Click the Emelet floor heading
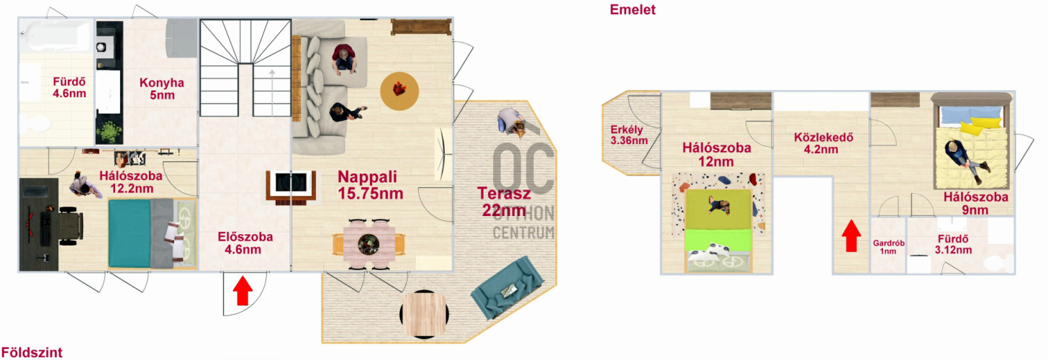pyautogui.click(x=632, y=10)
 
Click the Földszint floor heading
pyautogui.click(x=32, y=352)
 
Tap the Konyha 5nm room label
pyautogui.click(x=162, y=89)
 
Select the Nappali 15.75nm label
pyautogui.click(x=370, y=185)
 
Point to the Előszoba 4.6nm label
pyautogui.click(x=245, y=243)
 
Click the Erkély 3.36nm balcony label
pyautogui.click(x=629, y=135)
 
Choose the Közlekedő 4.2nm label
pyautogui.click(x=823, y=143)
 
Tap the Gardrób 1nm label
pyautogui.click(x=888, y=247)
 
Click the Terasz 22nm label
pyautogui.click(x=504, y=202)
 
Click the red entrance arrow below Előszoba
pyautogui.click(x=243, y=291)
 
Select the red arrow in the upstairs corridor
pyautogui.click(x=851, y=235)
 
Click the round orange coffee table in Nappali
pyautogui.click(x=399, y=91)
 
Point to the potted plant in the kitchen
pyautogui.click(x=110, y=132)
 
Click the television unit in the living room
pyautogui.click(x=291, y=186)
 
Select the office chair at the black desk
pyautogui.click(x=71, y=226)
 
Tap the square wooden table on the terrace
pyautogui.click(x=424, y=315)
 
